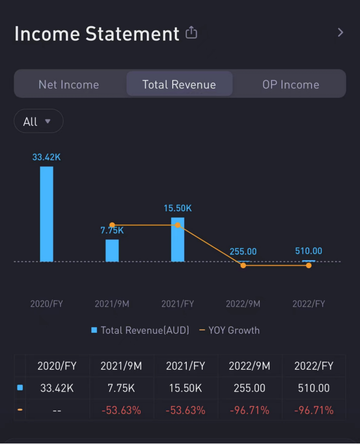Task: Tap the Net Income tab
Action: point(69,84)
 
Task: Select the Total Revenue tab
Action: point(179,84)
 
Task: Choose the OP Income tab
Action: point(290,84)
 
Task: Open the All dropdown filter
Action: point(38,121)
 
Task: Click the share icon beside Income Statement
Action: point(191,33)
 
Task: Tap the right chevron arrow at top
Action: point(340,32)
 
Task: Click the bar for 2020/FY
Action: point(46,213)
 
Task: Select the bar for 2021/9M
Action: point(112,250)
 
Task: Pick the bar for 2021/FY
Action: point(177,239)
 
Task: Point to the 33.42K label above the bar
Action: point(46,157)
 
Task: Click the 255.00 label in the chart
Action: point(243,251)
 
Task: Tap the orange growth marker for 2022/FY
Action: point(308,265)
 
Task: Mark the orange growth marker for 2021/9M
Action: point(112,225)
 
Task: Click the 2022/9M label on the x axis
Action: point(243,303)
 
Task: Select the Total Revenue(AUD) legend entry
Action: point(140,330)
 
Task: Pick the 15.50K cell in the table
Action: point(186,388)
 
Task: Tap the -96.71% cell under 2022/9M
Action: point(249,410)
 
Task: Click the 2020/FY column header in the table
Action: point(57,366)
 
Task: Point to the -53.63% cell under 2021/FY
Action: point(186,410)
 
